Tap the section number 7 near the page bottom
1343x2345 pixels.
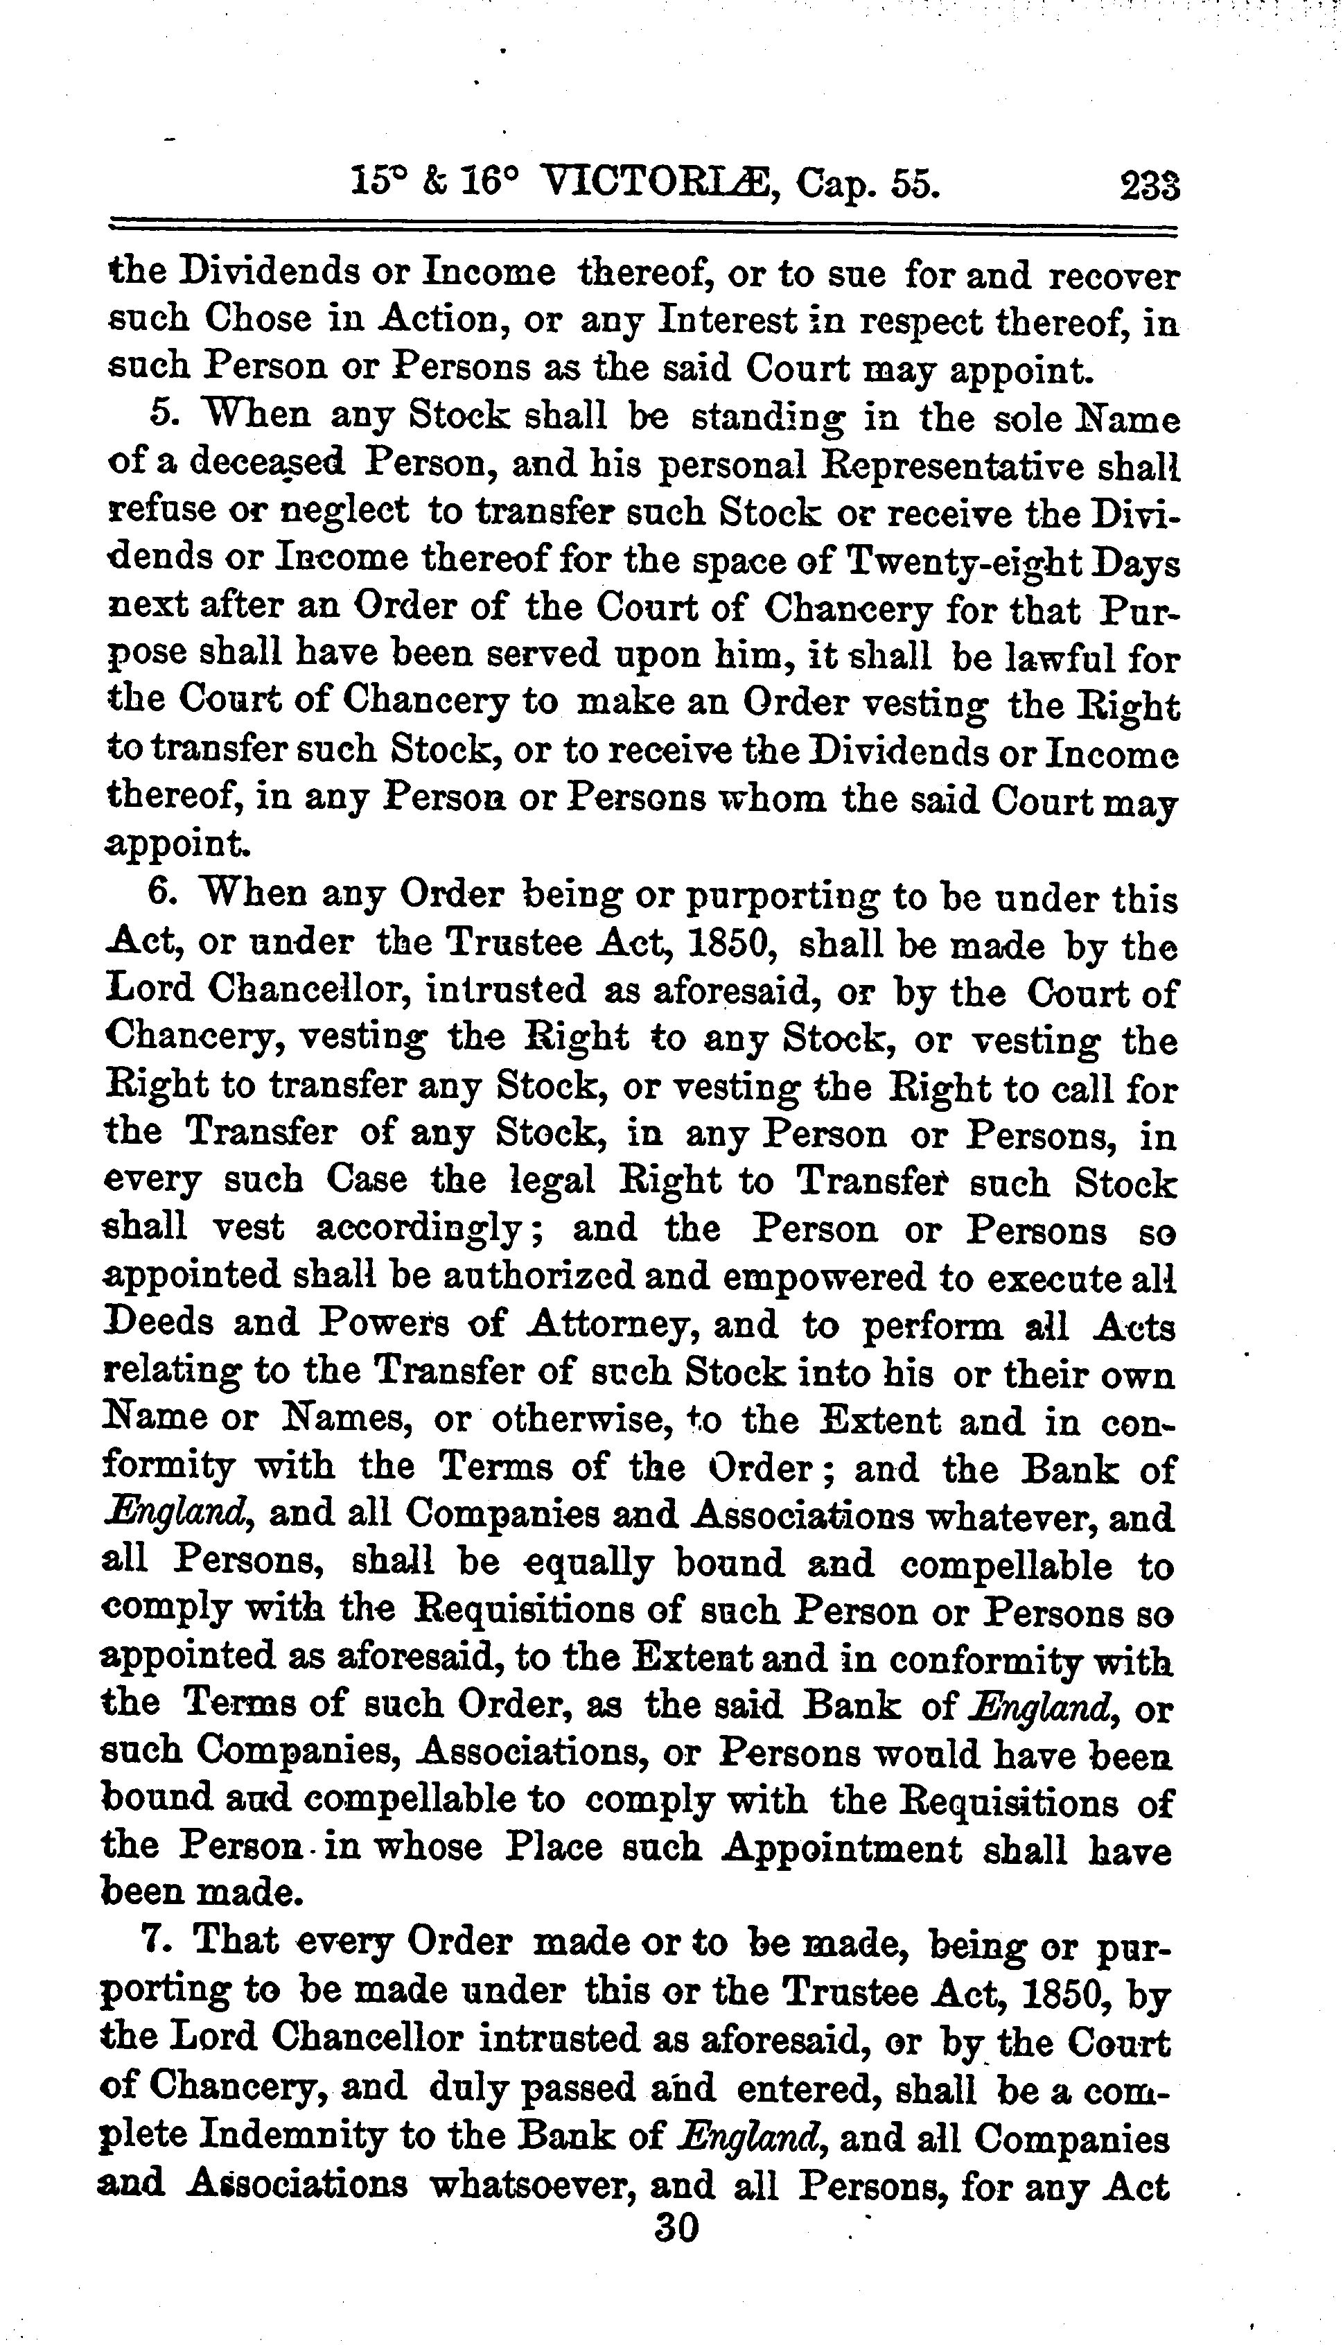(x=154, y=1943)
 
